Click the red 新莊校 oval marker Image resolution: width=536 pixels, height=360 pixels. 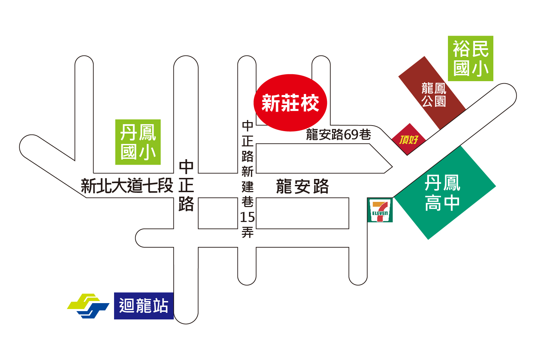(x=290, y=103)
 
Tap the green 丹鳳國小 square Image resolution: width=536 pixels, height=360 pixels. (x=138, y=142)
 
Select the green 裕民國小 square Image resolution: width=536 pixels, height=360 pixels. (x=470, y=58)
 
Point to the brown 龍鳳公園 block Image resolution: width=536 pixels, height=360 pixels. (x=432, y=93)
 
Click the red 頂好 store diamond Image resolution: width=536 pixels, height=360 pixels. (x=409, y=139)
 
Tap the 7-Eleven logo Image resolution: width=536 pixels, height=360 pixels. (x=380, y=210)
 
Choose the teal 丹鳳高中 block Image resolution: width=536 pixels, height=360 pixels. (x=444, y=193)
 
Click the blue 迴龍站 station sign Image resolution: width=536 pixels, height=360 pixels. (x=144, y=306)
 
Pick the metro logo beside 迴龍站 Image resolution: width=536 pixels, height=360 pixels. (x=88, y=306)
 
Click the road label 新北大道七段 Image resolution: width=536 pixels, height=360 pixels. (x=127, y=186)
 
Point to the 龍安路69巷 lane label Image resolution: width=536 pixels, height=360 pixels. (x=339, y=134)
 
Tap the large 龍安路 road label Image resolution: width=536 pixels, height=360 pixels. (x=302, y=186)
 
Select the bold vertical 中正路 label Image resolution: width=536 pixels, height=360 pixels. (x=186, y=186)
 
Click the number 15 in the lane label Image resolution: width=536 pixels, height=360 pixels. (x=248, y=217)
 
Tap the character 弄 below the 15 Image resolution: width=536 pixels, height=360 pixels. (x=248, y=232)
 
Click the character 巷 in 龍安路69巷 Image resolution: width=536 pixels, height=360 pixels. (x=365, y=134)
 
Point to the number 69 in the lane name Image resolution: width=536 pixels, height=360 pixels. (x=351, y=135)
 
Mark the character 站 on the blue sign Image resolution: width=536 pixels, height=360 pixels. (x=161, y=306)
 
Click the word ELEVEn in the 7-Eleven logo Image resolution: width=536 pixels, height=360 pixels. (x=380, y=213)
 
